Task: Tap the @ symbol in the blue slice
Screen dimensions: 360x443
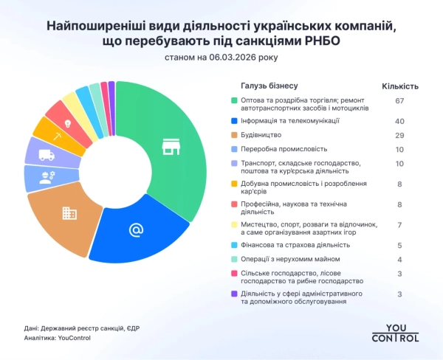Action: point(136,230)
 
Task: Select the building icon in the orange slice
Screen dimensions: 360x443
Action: point(69,213)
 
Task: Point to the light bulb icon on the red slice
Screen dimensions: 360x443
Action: point(68,123)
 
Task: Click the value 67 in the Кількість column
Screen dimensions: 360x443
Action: point(400,100)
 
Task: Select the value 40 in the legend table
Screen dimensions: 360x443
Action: point(400,121)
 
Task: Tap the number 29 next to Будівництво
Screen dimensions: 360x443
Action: point(400,136)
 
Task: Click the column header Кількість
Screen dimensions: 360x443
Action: point(400,86)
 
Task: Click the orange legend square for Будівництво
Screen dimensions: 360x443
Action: point(234,136)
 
